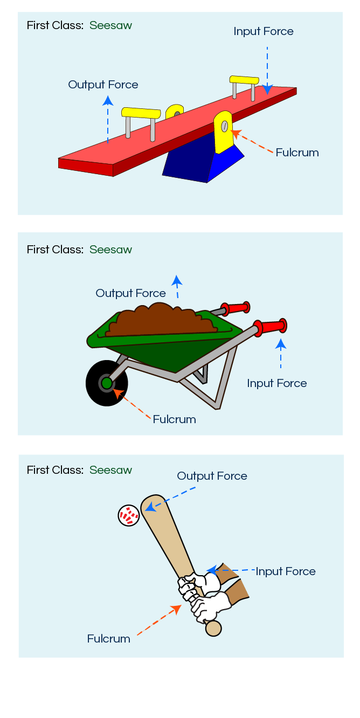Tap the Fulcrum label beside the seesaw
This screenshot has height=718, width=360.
pos(297,153)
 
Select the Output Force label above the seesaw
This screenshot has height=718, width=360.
pos(103,85)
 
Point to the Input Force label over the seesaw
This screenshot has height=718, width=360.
pos(264,31)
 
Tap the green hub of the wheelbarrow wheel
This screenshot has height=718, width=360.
pos(107,383)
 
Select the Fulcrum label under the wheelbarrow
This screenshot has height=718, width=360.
pos(174,419)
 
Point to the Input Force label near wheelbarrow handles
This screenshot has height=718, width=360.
pos(276,383)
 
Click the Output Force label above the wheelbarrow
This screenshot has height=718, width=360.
pos(131,293)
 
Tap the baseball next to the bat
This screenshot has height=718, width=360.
pos(129,516)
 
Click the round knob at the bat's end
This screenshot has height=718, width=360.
pos(213,629)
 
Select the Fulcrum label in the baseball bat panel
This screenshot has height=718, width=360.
pos(109,639)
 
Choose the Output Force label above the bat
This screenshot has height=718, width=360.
pos(212,476)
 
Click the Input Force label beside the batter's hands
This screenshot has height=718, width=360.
pos(286,571)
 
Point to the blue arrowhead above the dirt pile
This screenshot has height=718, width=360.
pos(176,280)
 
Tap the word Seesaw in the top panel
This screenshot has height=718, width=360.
pos(110,25)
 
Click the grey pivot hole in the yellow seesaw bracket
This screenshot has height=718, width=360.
pos(224,126)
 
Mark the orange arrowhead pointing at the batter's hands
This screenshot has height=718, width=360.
pos(176,609)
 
